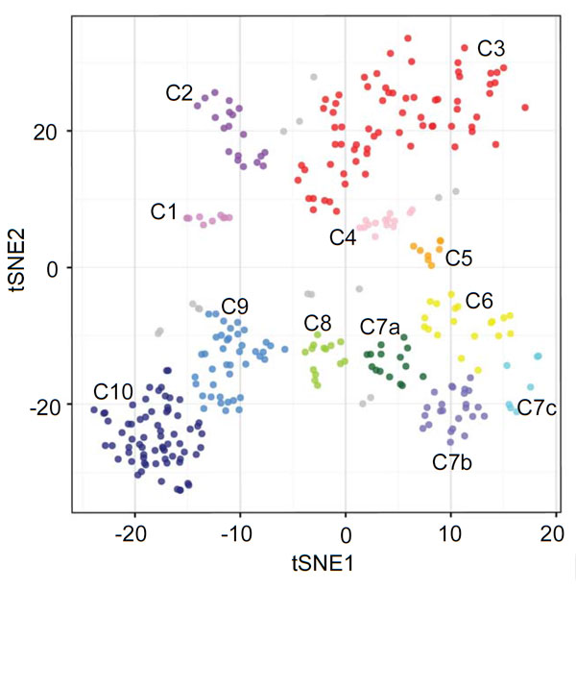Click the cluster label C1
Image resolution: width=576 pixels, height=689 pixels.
point(165,211)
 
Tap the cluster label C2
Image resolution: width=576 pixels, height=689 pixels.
point(180,93)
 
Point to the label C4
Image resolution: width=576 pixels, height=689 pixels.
point(343,238)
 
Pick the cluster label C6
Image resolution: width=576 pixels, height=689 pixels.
point(479,301)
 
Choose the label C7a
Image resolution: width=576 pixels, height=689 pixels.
point(381,327)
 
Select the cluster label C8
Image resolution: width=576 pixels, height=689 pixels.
point(318,322)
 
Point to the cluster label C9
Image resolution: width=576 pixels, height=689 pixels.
point(235,307)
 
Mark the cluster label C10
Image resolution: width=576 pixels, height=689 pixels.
point(111,392)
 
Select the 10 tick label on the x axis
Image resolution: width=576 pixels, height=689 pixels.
point(450,534)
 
